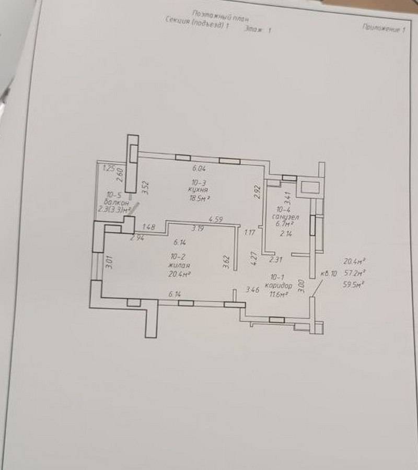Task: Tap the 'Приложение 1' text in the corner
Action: coord(383,29)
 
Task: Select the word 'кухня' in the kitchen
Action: coord(198,190)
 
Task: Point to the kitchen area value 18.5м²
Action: coord(199,198)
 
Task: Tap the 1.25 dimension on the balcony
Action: coord(109,168)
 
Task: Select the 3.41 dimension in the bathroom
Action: coord(286,198)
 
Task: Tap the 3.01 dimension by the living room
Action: coord(109,261)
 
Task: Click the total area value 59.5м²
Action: coord(354,285)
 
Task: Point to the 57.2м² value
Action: coord(354,273)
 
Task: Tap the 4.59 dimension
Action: coord(216,219)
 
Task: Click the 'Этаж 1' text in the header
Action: coord(258,31)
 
